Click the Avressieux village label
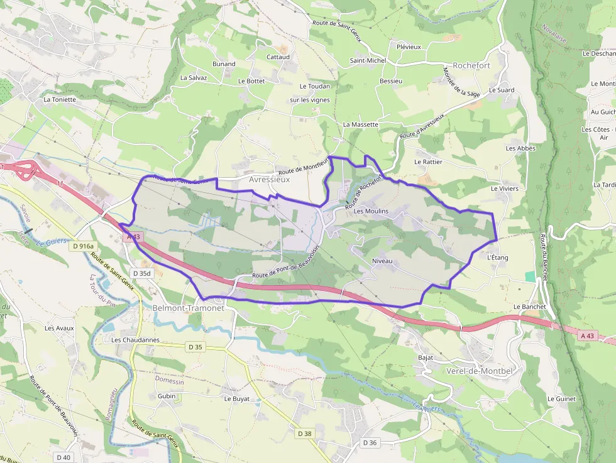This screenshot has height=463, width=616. [269, 179]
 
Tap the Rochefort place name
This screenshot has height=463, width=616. [471, 65]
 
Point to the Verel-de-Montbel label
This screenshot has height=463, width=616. [480, 371]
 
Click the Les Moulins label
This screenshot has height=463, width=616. [371, 212]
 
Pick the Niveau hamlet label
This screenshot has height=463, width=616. [382, 259]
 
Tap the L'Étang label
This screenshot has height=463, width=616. [497, 258]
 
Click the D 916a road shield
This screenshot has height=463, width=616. [82, 246]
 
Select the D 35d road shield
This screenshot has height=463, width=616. [142, 273]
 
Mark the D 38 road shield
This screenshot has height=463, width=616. [304, 433]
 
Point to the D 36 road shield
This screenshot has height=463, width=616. [370, 443]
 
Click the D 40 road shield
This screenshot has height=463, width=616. [63, 457]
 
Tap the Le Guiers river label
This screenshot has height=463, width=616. [51, 242]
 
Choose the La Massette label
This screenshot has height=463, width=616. [361, 124]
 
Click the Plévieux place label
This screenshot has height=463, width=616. [409, 46]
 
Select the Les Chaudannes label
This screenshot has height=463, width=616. [135, 340]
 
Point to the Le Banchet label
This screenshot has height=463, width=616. [529, 307]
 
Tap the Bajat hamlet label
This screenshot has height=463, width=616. [426, 357]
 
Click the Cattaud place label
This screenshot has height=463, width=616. [278, 57]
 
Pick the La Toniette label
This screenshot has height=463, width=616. [60, 99]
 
